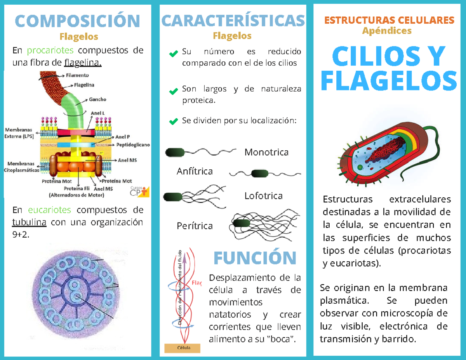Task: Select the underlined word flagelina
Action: [x=83, y=63]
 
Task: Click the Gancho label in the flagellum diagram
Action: [x=97, y=99]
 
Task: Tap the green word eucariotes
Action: [x=49, y=210]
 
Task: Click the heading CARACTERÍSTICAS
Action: [x=232, y=21]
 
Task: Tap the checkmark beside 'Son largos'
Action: [x=173, y=92]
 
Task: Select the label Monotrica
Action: [x=266, y=152]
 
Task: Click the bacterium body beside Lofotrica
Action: [x=173, y=197]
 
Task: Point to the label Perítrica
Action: [x=195, y=226]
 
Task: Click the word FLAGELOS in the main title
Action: [x=390, y=81]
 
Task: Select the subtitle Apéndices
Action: [x=386, y=30]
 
